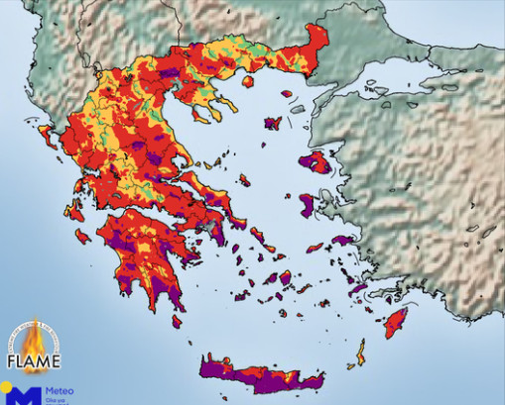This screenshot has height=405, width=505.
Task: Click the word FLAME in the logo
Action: pyautogui.click(x=36, y=360)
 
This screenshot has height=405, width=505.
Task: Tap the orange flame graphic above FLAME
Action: pyautogui.click(x=36, y=337)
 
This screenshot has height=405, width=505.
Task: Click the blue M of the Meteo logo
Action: pyautogui.click(x=27, y=396)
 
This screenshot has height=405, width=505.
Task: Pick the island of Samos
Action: pyautogui.click(x=343, y=240)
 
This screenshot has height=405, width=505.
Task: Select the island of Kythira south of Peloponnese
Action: pyautogui.click(x=177, y=321)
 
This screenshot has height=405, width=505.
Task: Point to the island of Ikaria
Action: pyautogui.click(x=316, y=248)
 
